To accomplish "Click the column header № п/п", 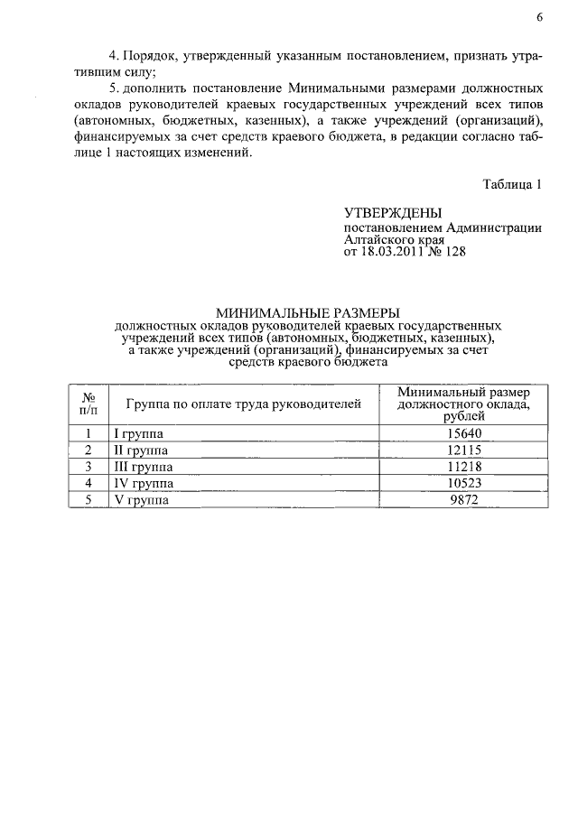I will pyautogui.click(x=89, y=404).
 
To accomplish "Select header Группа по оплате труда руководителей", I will pyautogui.click(x=243, y=404).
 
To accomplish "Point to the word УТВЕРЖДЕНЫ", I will pyautogui.click(x=393, y=214).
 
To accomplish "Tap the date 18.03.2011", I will pyautogui.click(x=395, y=253).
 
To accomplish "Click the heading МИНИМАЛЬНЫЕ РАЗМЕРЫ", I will pyautogui.click(x=302, y=311).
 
